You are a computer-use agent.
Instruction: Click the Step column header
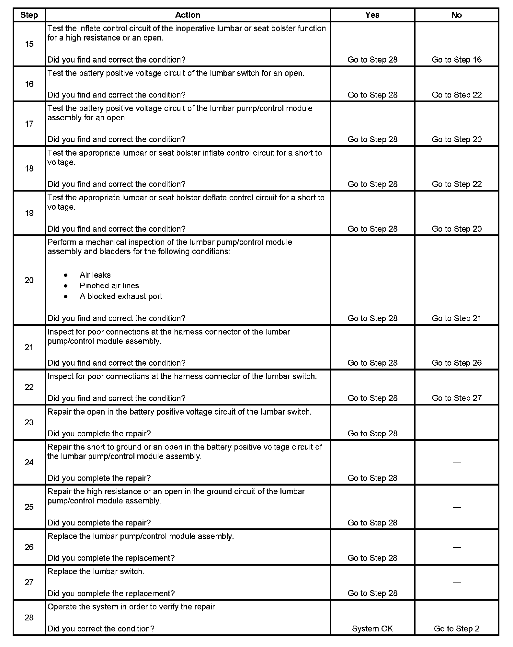29,15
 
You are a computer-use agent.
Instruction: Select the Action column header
188,15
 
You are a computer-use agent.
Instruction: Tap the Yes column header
372,15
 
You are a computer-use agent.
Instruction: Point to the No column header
456,15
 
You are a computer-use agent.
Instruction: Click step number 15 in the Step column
29,44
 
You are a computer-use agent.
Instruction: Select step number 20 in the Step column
29,280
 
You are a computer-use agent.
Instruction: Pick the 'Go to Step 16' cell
456,60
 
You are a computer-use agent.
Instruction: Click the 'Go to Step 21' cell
456,318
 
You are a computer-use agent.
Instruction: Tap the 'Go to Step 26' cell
456,363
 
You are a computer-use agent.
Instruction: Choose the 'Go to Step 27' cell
456,398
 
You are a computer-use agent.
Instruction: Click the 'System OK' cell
372,629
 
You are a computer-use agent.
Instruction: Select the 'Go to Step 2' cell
456,629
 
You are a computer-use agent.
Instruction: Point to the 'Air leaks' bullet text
95,275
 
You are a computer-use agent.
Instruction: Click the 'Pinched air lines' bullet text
109,286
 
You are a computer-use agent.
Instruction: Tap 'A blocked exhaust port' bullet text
121,296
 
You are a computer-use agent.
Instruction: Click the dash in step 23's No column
456,423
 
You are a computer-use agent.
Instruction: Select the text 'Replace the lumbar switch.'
96,571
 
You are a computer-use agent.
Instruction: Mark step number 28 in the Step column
29,618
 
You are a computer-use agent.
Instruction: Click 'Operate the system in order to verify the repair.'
132,607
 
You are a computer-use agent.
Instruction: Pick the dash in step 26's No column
456,547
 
